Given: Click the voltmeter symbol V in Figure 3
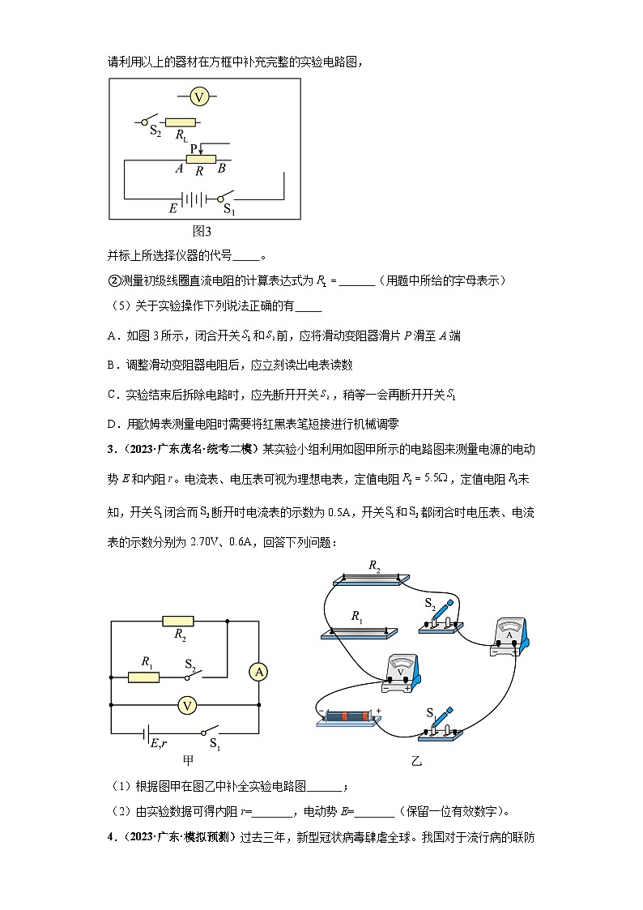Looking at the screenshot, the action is point(199,97).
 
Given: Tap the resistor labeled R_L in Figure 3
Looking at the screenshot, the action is point(181,122).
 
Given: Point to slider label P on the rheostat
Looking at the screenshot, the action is point(194,147).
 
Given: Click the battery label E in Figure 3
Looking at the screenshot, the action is point(172,208).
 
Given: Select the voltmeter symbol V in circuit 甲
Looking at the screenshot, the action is point(187,706).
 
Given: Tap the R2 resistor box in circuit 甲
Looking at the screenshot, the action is point(178,622).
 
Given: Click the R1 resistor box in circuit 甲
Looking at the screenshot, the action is point(143,676).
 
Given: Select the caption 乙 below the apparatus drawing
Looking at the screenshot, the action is point(415,761).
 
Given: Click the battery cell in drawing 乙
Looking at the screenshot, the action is point(346,716).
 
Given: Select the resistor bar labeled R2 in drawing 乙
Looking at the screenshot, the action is point(369,579).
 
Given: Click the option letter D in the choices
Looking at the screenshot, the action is point(112,423).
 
